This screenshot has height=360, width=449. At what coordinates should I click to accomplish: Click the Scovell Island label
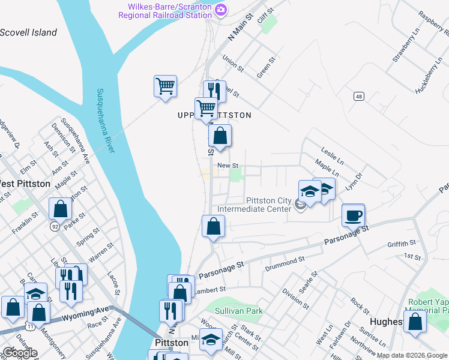[29, 33]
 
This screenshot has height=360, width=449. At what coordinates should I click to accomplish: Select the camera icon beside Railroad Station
[221, 10]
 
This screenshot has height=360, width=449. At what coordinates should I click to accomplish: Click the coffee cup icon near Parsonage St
[353, 215]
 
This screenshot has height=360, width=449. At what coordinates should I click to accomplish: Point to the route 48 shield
[358, 96]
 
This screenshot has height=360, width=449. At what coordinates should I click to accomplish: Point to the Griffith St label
[402, 244]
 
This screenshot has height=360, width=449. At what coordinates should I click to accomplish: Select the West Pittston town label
[24, 184]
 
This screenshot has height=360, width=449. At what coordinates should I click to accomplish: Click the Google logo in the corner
[19, 353]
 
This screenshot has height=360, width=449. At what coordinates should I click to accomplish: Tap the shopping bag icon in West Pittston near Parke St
[61, 209]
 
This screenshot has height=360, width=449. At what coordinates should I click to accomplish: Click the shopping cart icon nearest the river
[165, 85]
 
